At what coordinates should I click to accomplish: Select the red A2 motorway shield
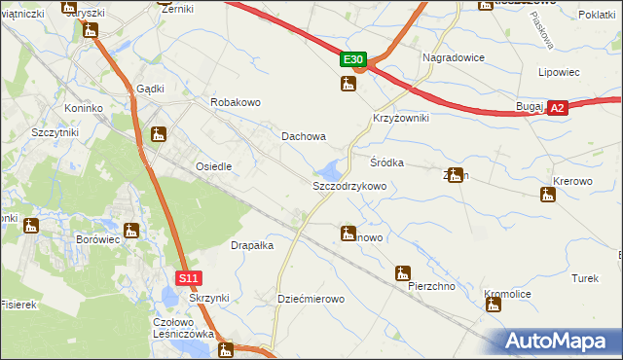(557, 109)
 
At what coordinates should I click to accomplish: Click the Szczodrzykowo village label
(349, 185)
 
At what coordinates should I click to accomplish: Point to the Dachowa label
(304, 137)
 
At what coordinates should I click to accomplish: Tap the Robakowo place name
(237, 101)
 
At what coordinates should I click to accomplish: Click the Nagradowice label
(453, 57)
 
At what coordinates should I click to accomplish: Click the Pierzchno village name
(433, 287)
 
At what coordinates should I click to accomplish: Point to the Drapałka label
(251, 245)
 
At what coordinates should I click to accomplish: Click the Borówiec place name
(95, 238)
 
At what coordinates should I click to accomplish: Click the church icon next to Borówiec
(132, 232)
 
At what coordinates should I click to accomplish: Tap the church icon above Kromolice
(494, 305)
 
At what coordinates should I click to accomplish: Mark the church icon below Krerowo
(548, 195)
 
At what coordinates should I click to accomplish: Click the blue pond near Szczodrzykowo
(331, 168)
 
